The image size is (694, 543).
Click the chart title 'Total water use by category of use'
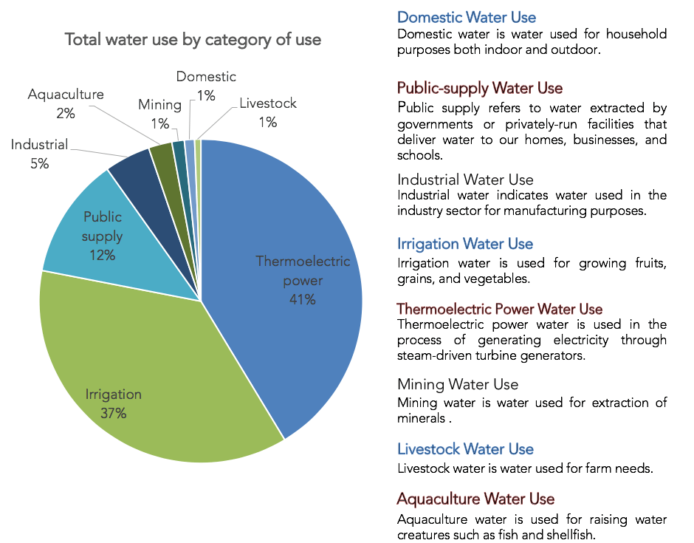193,40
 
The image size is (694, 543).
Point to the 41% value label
303,299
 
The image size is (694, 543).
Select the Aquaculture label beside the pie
66,95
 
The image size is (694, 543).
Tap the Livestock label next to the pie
268,103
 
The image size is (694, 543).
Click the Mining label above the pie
159,105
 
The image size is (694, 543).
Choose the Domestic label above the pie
206,77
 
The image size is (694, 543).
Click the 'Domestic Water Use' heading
467,17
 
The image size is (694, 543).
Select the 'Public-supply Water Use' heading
480,89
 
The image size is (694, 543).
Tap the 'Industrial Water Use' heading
465,180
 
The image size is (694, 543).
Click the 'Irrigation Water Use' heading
465,244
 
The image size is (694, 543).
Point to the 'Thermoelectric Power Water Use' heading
500,309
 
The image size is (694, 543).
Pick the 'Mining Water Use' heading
458,384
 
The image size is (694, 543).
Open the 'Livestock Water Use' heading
465,449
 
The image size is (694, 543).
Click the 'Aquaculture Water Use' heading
475,499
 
